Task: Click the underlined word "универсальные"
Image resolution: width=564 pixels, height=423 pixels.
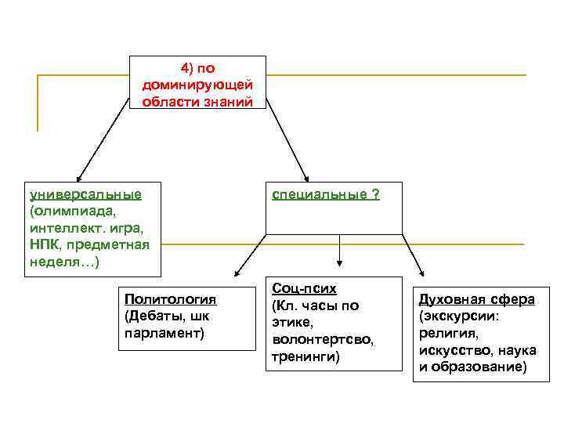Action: [85, 194]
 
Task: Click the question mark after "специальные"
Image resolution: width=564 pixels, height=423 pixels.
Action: [376, 194]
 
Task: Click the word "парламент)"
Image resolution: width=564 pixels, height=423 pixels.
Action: [164, 334]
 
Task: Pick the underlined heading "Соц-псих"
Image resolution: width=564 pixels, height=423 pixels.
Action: [304, 289]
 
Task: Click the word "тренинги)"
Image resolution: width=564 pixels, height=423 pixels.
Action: [306, 357]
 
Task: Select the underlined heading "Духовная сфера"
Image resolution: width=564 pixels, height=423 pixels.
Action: [477, 299]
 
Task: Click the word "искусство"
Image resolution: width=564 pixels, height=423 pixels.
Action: [452, 351]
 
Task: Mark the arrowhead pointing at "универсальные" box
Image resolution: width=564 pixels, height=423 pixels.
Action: [77, 179]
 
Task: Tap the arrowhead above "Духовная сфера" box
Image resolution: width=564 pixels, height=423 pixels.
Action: [421, 273]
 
